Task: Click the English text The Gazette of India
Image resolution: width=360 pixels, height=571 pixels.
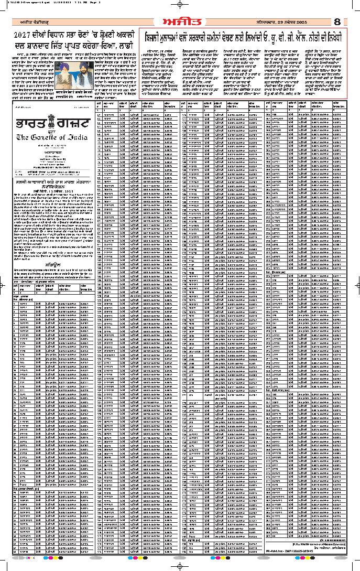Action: point(52,137)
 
